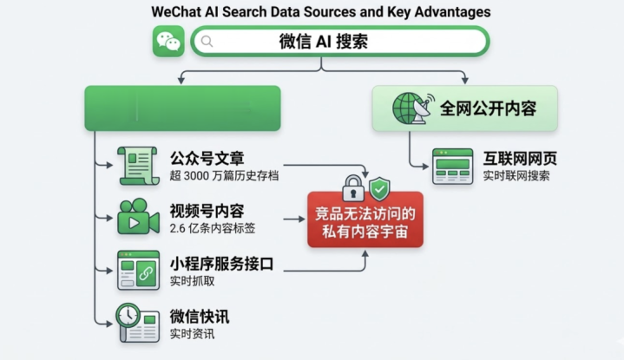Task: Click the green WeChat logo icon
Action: pos(168,41)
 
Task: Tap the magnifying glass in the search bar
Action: pos(206,41)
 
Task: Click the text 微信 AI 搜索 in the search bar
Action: pos(323,42)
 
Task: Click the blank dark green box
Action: pos(181,108)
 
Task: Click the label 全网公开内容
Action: pos(487,108)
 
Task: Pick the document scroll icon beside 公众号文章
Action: pos(138,166)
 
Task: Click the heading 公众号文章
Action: pos(207,158)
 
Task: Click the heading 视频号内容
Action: pos(207,211)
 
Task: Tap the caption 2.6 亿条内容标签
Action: pos(213,229)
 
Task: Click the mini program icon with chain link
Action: pos(138,271)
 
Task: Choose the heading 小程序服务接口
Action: pos(221,264)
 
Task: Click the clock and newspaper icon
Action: pos(138,322)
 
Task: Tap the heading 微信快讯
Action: pos(200,316)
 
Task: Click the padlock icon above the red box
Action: pos(351,187)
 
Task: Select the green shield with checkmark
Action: pos(379,189)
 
